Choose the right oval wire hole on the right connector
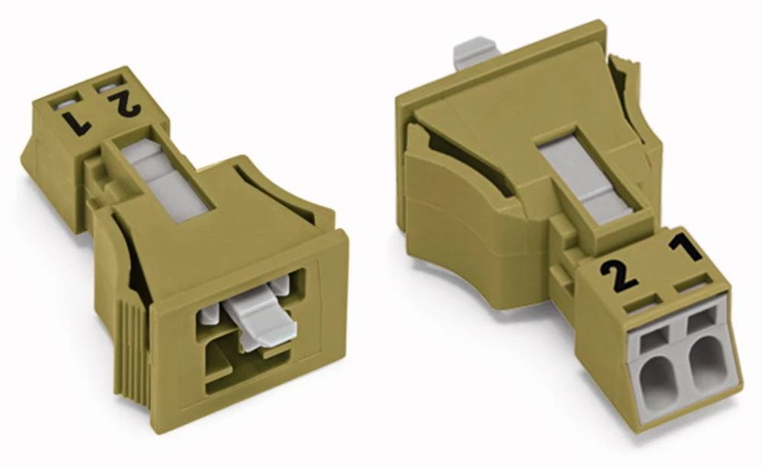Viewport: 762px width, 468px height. (703, 363)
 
